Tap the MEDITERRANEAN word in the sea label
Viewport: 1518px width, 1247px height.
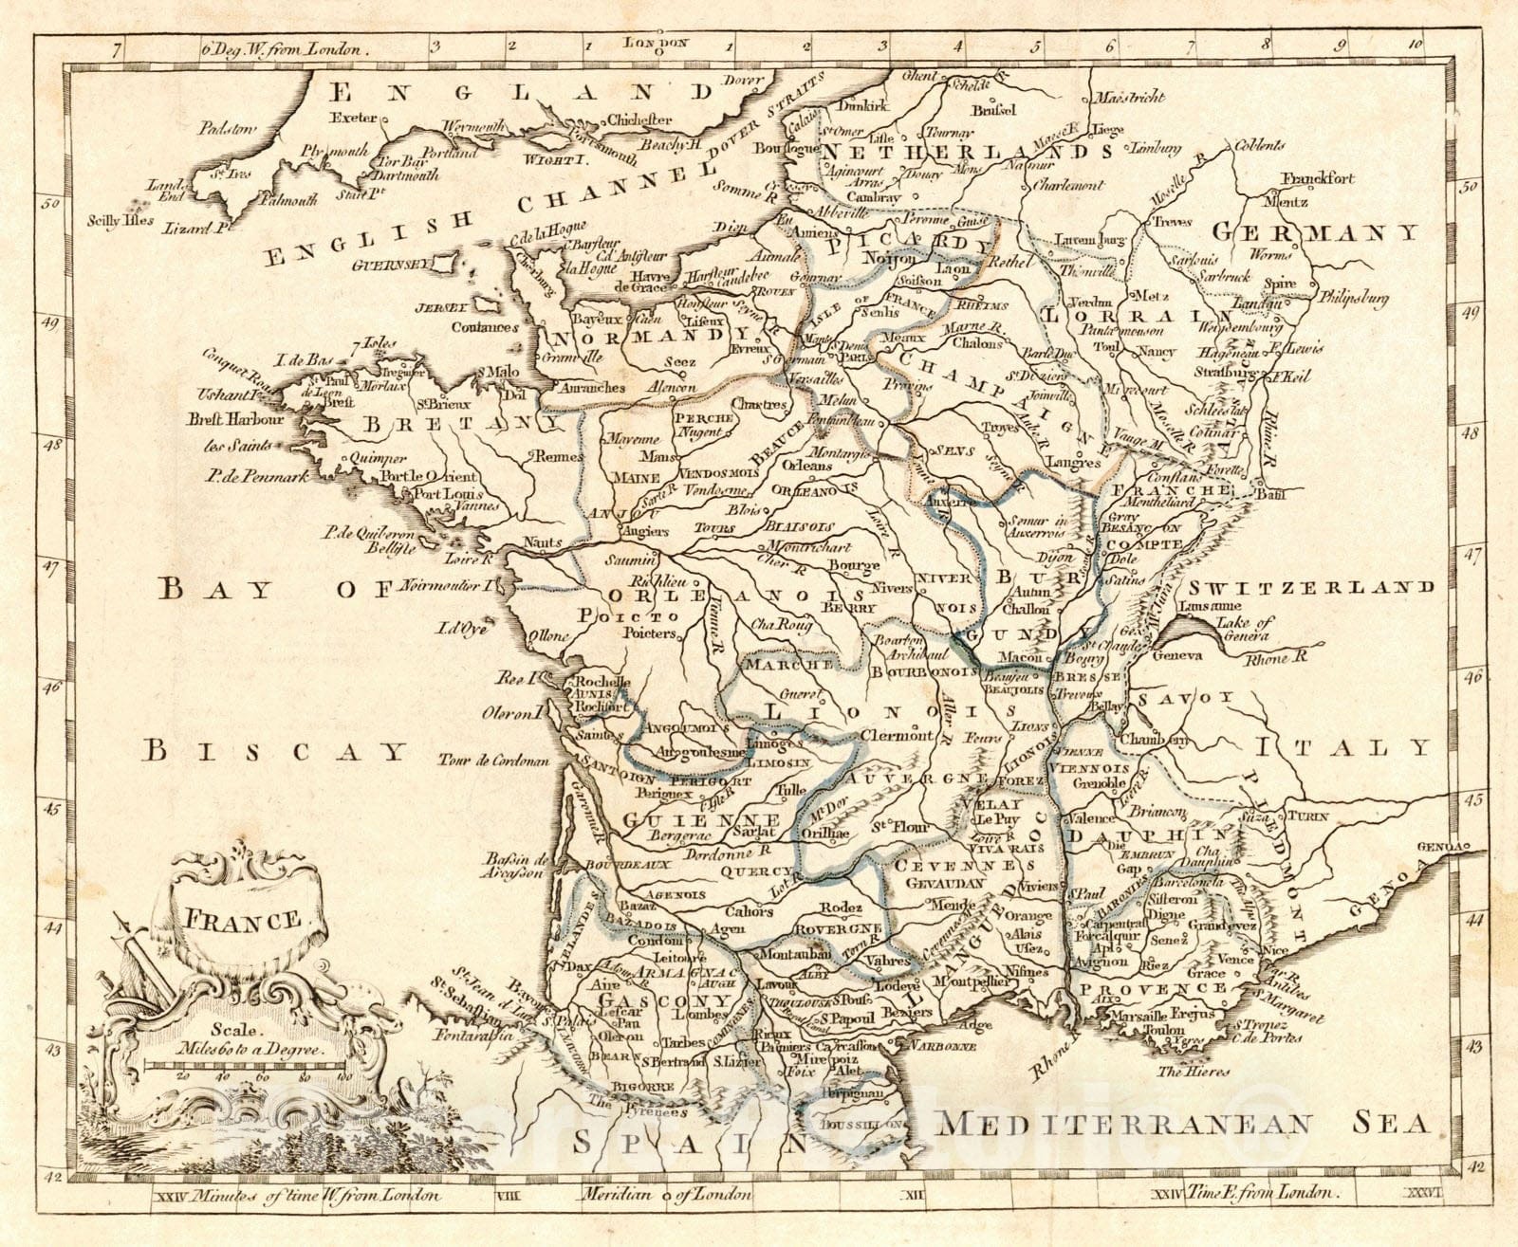[1123, 1124]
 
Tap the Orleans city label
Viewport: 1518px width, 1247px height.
[807, 466]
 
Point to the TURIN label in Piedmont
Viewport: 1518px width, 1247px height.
[1307, 816]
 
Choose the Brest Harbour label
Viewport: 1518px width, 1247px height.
[237, 418]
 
